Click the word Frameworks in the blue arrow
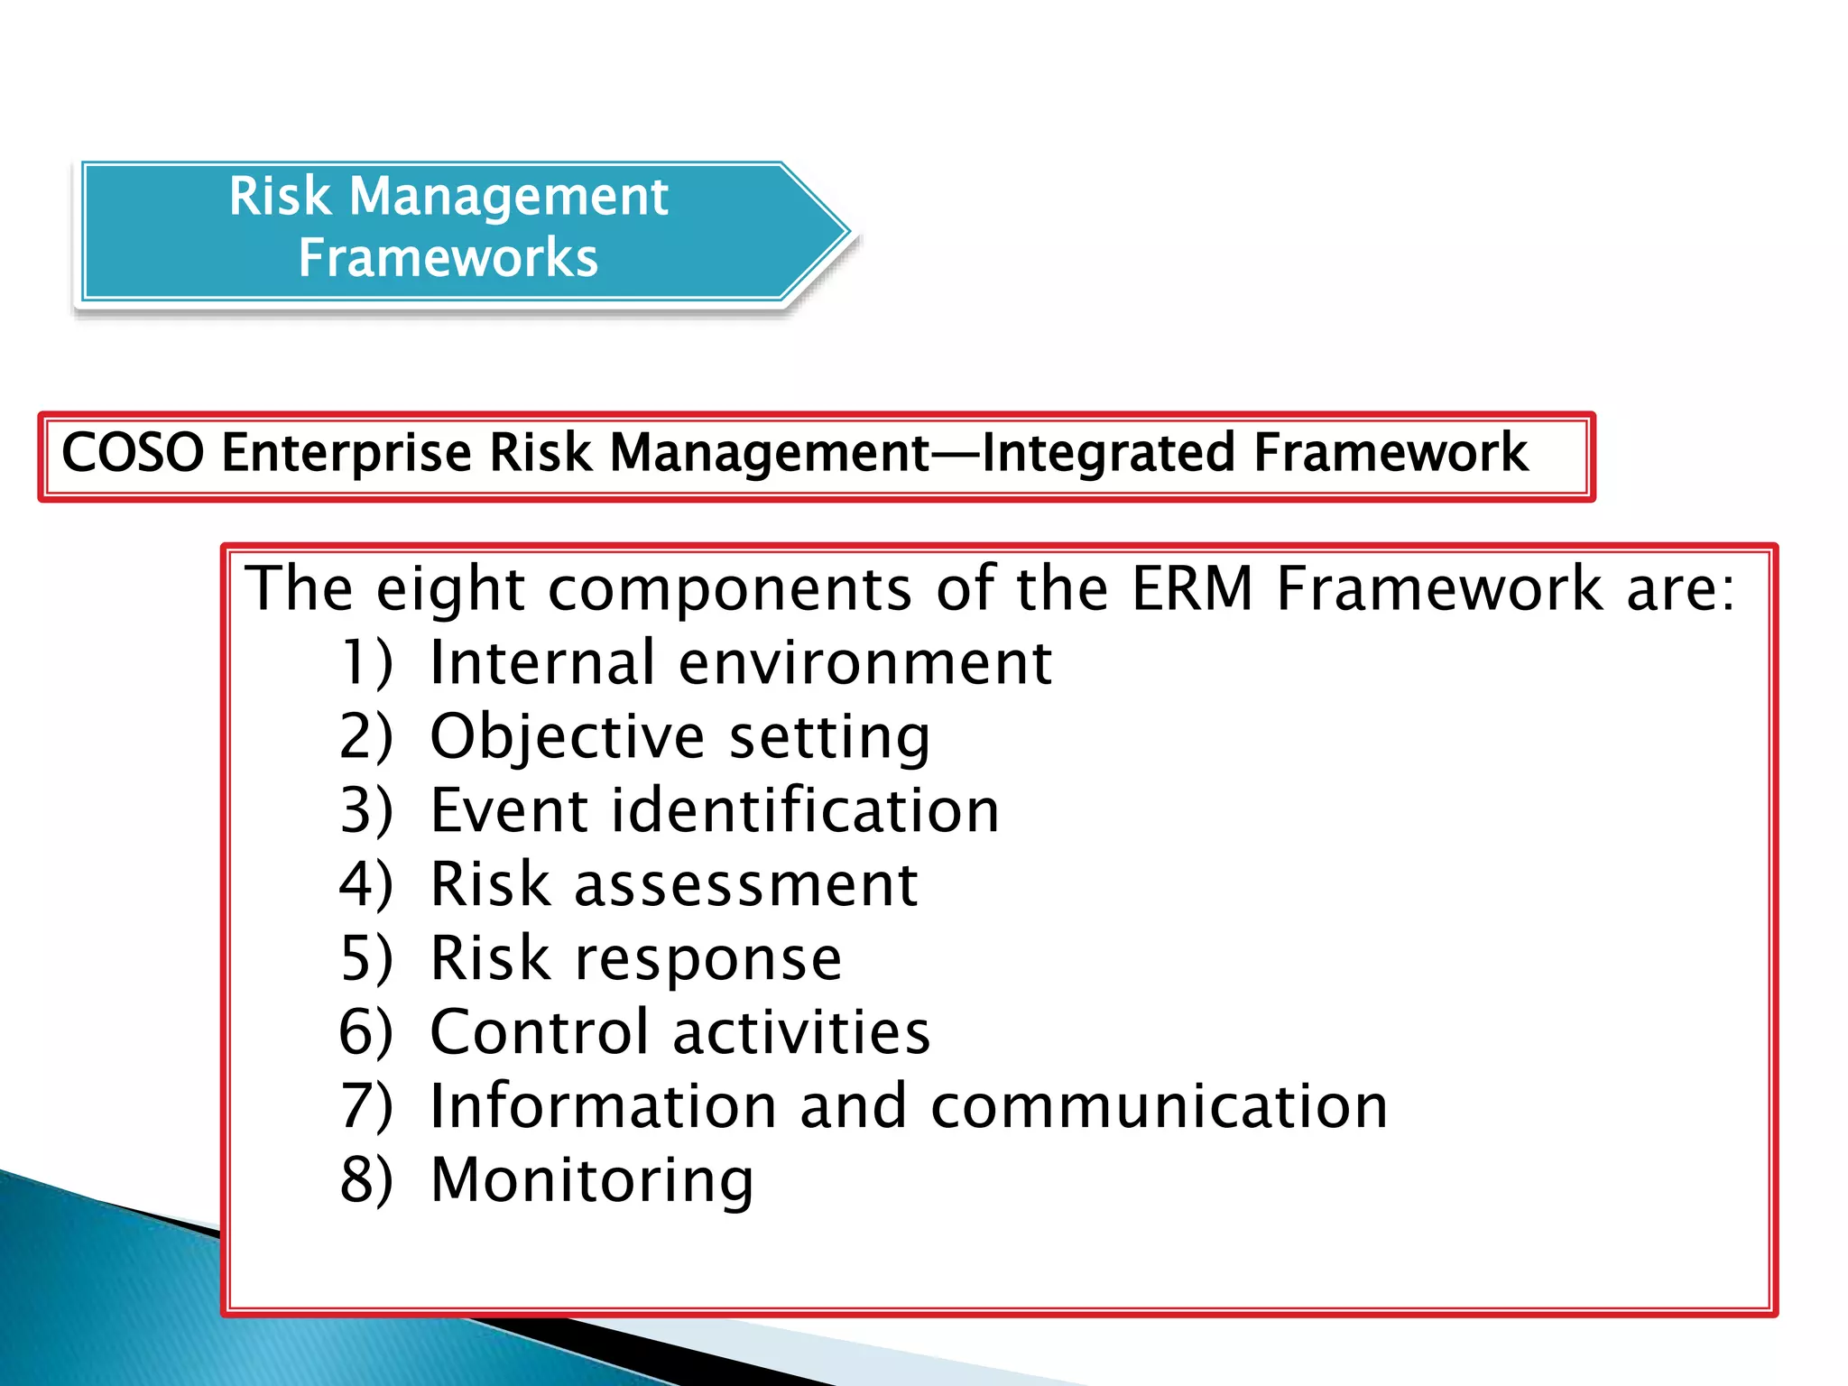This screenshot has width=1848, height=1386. [x=448, y=258]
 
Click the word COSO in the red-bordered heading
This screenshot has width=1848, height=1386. [x=133, y=452]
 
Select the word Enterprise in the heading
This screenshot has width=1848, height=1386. [x=346, y=454]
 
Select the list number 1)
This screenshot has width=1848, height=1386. [x=366, y=662]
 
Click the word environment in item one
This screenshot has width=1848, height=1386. [x=864, y=663]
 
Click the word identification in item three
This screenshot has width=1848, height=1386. [x=805, y=810]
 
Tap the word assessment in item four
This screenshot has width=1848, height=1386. [x=746, y=885]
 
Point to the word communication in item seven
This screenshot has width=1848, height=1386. [x=1159, y=1106]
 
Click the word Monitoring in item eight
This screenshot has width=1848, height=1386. [x=592, y=1181]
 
